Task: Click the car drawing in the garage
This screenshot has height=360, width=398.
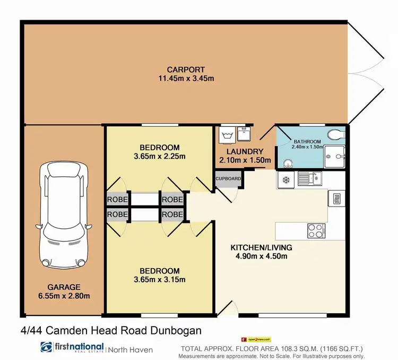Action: (x=63, y=215)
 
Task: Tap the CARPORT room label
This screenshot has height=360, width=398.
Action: (x=186, y=70)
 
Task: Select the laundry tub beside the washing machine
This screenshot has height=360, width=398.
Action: (x=244, y=135)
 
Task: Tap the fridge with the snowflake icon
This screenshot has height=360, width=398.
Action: (x=284, y=179)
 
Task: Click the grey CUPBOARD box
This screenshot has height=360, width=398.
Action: (x=228, y=178)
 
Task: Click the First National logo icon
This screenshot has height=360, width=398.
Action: (x=47, y=348)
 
